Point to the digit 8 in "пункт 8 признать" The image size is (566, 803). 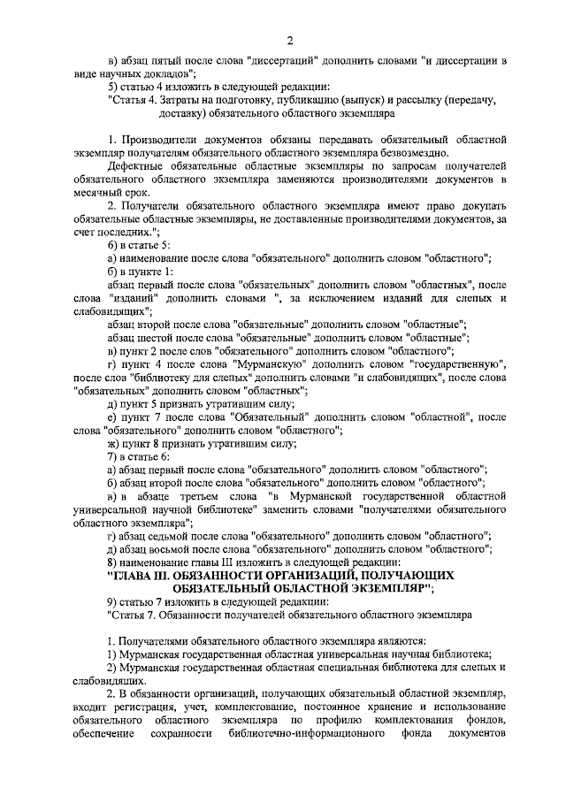154,442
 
